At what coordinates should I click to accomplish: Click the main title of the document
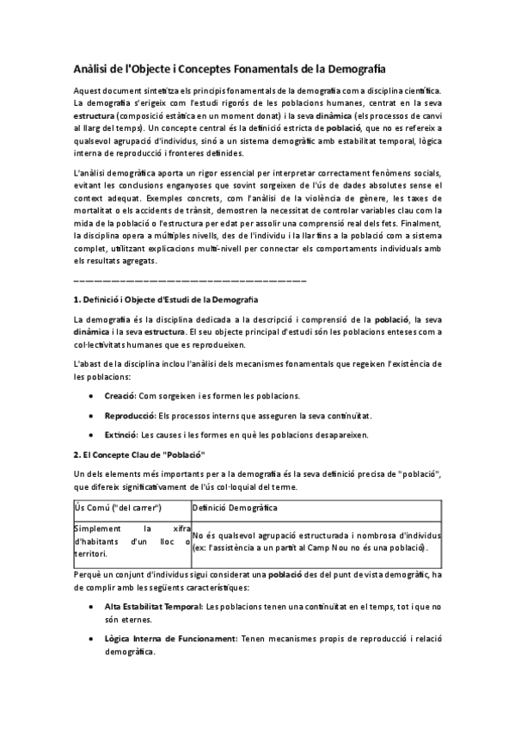[229, 66]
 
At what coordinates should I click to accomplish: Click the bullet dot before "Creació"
[92, 396]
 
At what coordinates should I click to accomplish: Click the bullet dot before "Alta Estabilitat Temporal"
[92, 607]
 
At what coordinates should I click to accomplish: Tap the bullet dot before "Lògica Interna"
[92, 640]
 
